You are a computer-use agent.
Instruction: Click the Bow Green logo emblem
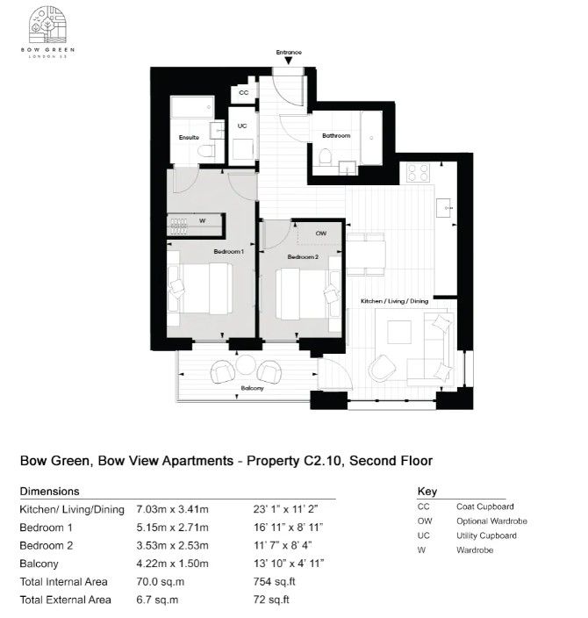pos(47,25)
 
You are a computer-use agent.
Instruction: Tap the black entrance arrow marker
pos(289,61)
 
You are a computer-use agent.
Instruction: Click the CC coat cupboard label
pos(244,93)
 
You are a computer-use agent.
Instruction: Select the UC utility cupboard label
pos(242,126)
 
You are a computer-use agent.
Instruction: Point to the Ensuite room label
pos(189,137)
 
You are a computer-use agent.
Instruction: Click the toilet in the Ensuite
pos(205,151)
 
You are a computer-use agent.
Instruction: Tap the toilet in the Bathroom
pos(326,156)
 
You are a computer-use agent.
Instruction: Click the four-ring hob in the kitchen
pos(418,172)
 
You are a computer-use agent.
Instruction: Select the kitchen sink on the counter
pos(445,208)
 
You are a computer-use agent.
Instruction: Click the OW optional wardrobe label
pos(321,234)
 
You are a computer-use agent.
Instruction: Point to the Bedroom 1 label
pos(228,251)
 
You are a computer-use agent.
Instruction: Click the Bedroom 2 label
pos(303,257)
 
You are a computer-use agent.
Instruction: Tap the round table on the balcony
pos(246,365)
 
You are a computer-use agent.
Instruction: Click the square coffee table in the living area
pos(399,332)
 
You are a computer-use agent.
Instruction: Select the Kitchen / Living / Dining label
pos(395,301)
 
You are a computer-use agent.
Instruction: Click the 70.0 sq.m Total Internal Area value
pos(161,582)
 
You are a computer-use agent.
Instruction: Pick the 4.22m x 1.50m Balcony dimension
pos(173,564)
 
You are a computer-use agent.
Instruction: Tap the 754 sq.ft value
pos(275,582)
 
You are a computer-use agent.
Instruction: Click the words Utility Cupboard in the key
pos(486,535)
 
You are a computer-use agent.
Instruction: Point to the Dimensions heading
pos(50,492)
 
